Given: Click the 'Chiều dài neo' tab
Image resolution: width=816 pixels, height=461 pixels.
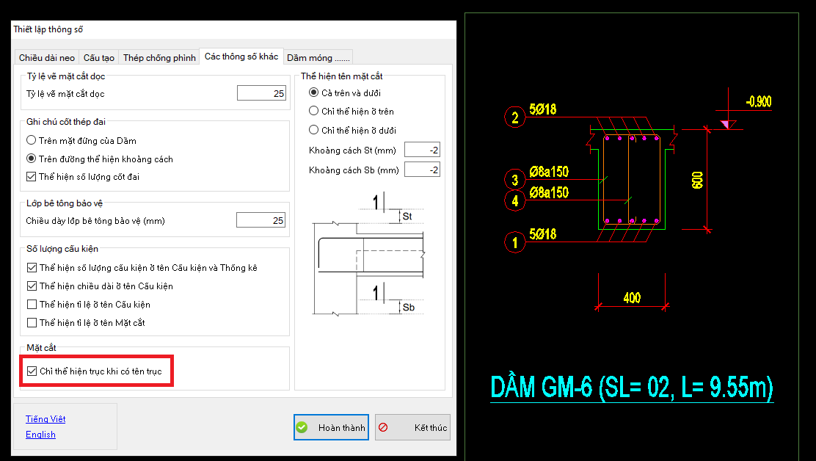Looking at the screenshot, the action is pos(47,58).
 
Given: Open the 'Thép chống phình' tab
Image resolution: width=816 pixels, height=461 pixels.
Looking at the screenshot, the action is pos(159,58).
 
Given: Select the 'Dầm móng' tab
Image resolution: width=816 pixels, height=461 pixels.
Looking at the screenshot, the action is pos(318,58).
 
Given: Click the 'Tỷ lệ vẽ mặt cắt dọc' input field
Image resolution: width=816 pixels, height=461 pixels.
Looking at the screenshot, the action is pos(261,93).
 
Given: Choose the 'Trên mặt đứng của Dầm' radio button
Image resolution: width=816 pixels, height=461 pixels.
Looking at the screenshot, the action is pos(32,140).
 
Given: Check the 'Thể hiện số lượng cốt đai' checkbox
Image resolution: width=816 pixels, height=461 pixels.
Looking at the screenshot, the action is pos(32,177).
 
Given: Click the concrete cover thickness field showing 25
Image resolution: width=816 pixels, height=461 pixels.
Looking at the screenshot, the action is pos(261,220).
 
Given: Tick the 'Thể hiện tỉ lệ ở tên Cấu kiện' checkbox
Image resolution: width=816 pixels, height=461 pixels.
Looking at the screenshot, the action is pos(32,305).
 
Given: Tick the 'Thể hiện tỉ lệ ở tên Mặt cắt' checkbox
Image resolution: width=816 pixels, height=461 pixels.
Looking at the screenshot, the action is pos(32,322).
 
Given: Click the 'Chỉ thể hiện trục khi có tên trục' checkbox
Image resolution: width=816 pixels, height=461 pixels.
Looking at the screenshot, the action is pos(32,371).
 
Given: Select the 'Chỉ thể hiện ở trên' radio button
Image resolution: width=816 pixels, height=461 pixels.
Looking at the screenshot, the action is pos(314,111).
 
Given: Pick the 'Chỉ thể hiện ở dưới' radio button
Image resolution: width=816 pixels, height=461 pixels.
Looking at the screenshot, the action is pos(314,129).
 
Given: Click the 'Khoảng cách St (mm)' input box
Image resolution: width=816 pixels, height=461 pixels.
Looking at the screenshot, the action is pos(422,150).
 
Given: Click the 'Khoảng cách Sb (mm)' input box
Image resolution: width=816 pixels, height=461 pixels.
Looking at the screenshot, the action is pos(422,170).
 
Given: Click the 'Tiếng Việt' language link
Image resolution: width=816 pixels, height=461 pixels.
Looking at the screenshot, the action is pos(45,419).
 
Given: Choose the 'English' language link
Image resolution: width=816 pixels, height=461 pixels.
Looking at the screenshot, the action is pos(40,435).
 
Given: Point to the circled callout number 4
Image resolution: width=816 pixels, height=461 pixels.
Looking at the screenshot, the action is pos(514,200).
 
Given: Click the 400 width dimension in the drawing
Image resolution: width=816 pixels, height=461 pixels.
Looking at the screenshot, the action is pos(632,297).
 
